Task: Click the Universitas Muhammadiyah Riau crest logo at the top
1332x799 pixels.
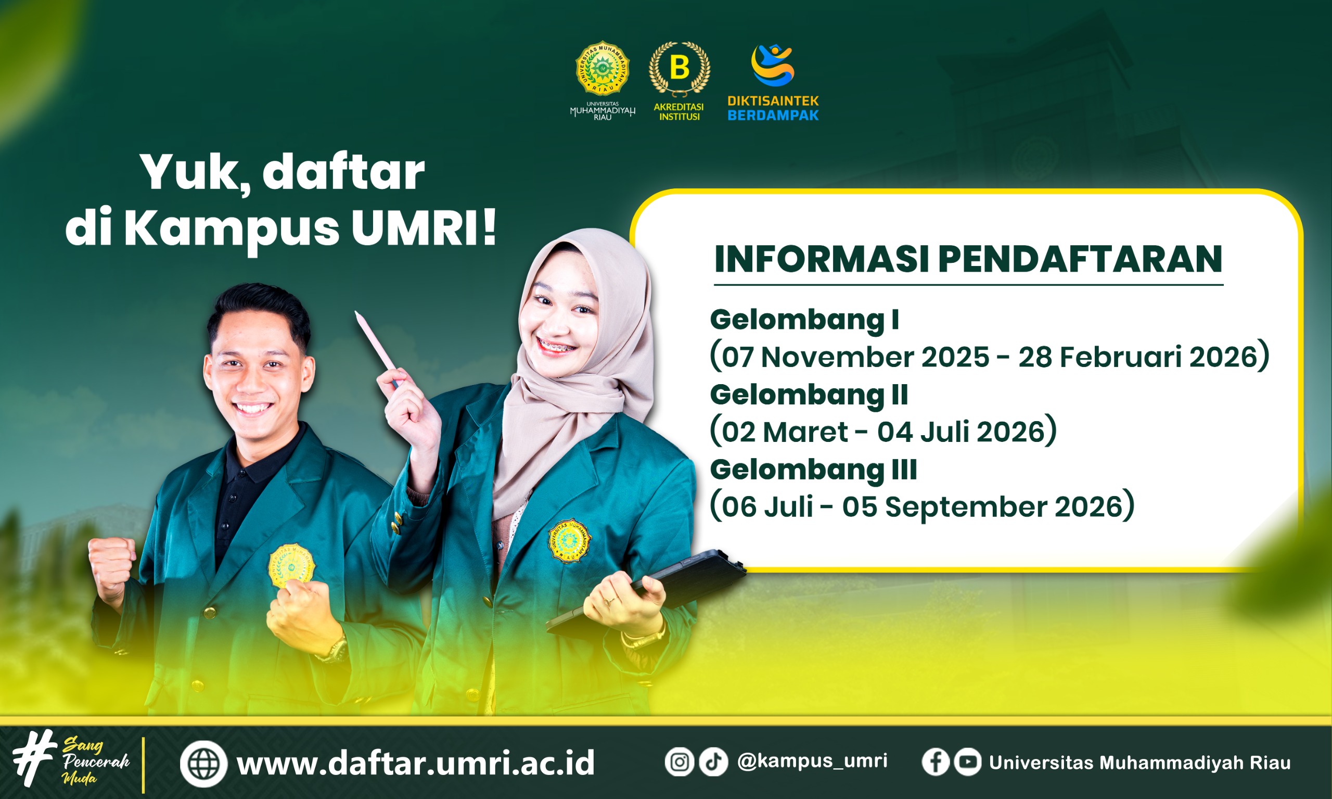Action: pos(602,68)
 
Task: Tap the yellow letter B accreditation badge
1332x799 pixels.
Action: pos(679,68)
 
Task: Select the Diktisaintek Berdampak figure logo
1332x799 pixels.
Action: pos(773,65)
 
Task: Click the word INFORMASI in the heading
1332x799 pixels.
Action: pos(822,259)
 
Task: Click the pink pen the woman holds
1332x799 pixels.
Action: pos(377,348)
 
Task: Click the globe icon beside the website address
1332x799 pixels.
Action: pos(203,764)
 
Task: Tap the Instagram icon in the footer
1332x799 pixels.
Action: pos(679,762)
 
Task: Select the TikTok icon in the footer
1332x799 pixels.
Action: pos(714,762)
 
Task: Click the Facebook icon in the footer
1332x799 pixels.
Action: pos(936,762)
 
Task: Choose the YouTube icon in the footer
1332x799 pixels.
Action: pos(968,762)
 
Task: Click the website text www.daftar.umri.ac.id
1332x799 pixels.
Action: pos(416,763)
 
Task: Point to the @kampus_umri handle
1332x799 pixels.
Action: pos(812,761)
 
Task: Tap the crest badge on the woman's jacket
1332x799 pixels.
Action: pos(569,541)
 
